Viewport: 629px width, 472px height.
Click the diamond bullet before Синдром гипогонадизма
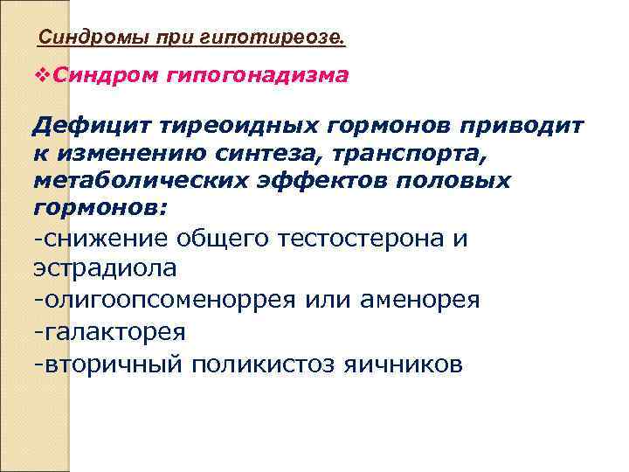37,76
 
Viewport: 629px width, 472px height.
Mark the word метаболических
136,181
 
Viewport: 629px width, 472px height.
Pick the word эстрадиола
104,267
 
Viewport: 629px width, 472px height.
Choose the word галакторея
113,332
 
